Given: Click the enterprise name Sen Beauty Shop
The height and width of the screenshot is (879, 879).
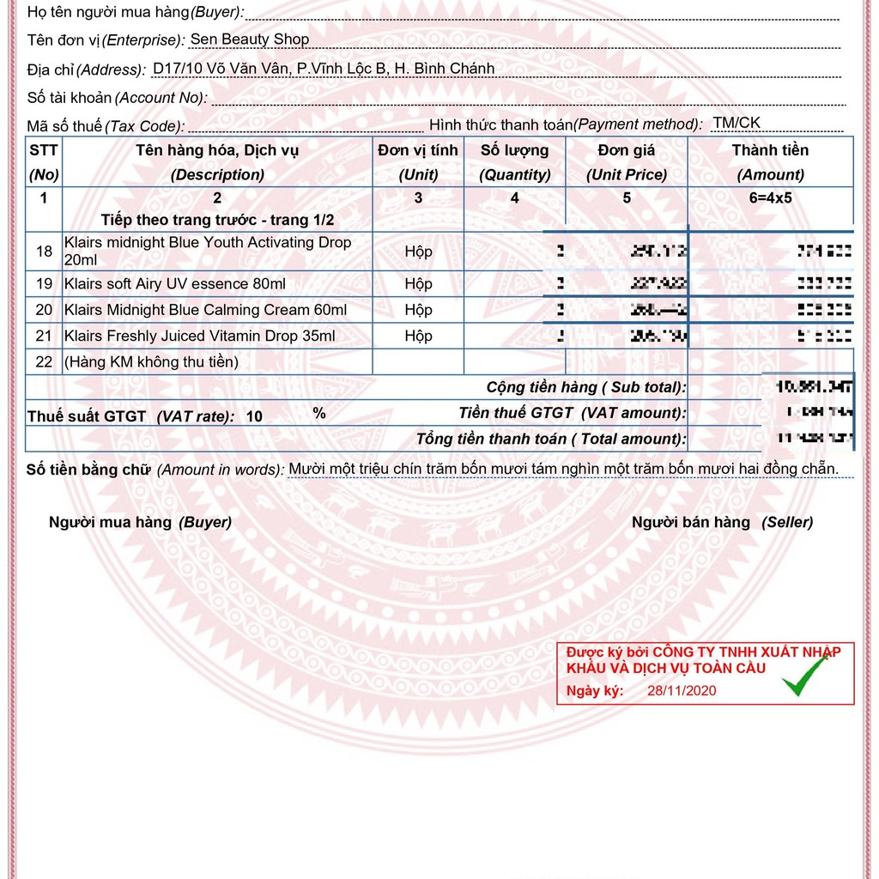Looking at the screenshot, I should click(x=249, y=39).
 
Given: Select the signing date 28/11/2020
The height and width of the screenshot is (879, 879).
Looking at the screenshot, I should click(x=682, y=691).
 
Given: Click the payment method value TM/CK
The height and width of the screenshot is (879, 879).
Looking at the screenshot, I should click(x=737, y=123).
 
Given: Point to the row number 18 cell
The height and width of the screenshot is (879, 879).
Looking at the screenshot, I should click(x=45, y=252).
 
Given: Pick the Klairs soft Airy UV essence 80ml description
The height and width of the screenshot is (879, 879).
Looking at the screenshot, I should click(x=175, y=284).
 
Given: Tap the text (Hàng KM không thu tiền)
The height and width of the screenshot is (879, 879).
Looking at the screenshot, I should click(x=151, y=361).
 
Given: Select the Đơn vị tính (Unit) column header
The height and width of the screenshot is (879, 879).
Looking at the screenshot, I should click(x=419, y=162).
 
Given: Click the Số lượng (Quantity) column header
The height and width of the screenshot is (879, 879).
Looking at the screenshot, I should click(x=515, y=162).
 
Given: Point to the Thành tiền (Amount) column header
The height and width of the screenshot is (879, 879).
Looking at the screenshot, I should click(x=770, y=162).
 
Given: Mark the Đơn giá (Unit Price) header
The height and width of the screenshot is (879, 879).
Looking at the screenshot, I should click(x=627, y=162).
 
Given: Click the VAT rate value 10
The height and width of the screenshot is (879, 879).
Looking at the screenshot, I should click(x=254, y=417).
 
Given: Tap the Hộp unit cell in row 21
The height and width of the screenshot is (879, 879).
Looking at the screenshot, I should click(x=419, y=336).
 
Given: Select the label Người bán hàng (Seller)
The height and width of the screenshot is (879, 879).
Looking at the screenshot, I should click(x=722, y=522).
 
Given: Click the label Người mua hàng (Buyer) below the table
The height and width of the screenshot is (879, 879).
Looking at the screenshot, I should click(x=140, y=522).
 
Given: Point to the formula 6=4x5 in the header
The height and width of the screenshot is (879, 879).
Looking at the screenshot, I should click(x=770, y=197).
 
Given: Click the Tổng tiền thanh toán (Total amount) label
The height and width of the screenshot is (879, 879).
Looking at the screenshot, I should click(x=551, y=439).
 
